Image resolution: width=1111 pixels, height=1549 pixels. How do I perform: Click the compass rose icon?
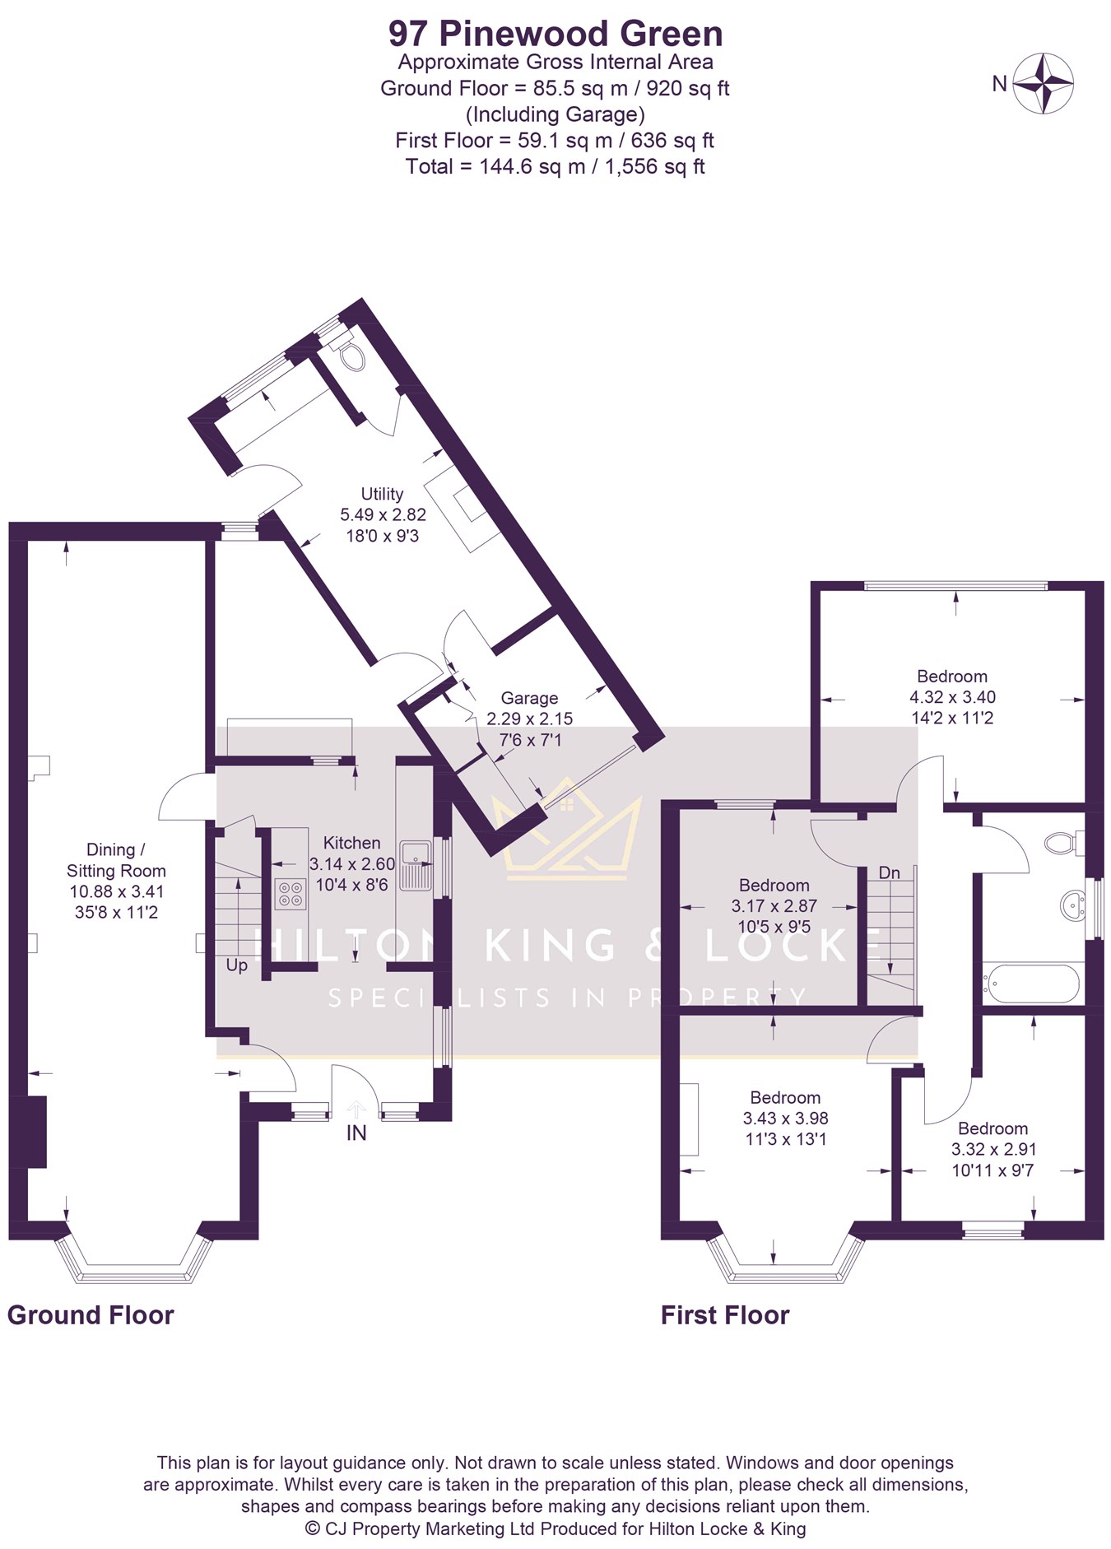(1043, 83)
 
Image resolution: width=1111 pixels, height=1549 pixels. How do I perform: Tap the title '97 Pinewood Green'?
(555, 34)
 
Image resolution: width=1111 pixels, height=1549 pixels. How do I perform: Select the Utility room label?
(382, 494)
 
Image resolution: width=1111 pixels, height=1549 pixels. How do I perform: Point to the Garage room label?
(529, 698)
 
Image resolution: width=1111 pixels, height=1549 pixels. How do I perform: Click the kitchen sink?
(416, 866)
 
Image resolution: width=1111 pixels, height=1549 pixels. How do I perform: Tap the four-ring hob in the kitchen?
(289, 894)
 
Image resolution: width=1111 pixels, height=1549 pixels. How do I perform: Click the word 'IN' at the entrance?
(356, 1133)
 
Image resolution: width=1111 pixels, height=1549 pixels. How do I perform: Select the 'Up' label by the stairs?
(237, 965)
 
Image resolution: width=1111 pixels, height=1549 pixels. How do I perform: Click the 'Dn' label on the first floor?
(890, 872)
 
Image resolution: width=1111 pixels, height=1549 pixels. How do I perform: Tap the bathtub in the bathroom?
(1032, 983)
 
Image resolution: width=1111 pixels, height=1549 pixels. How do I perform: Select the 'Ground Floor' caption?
(91, 1315)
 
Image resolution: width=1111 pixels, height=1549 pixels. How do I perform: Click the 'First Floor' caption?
(725, 1315)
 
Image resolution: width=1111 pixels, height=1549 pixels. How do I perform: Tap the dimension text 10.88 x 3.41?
(117, 891)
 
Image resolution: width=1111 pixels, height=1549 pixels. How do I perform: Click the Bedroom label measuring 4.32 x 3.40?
(952, 677)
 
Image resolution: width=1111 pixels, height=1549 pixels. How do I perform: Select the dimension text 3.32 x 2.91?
(994, 1150)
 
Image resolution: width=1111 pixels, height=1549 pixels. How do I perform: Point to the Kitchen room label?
(351, 843)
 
